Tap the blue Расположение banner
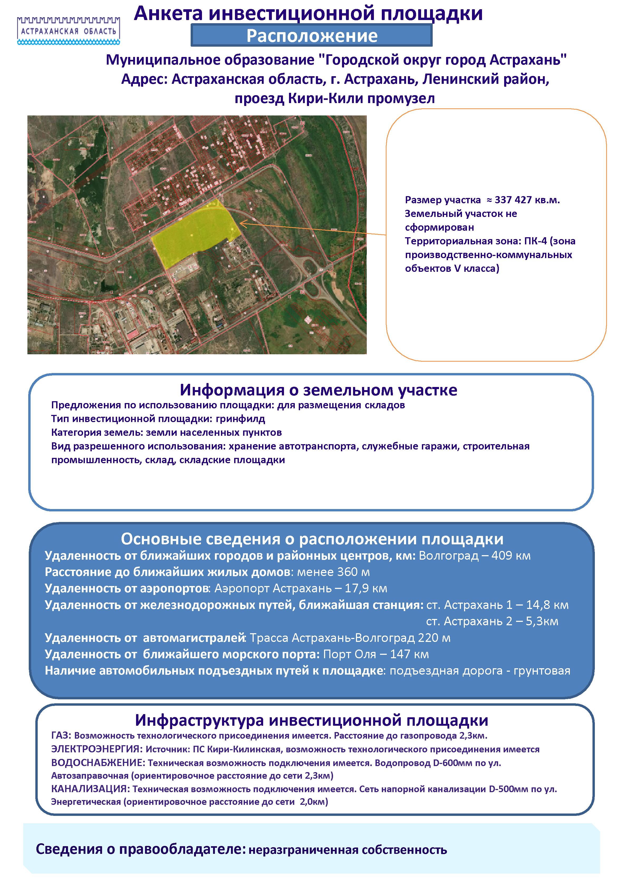[x=312, y=36]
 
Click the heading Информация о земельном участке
[x=318, y=390]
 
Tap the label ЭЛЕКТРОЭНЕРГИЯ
[x=97, y=749]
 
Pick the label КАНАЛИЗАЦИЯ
[x=90, y=789]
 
